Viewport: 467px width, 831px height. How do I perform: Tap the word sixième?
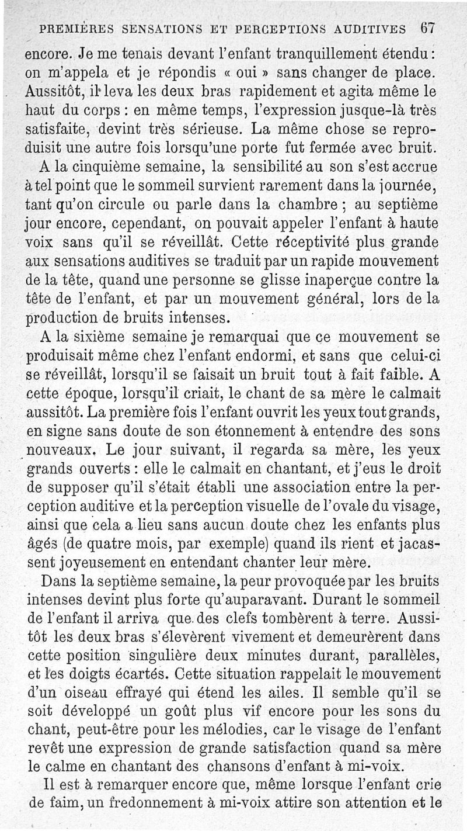tap(100, 338)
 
